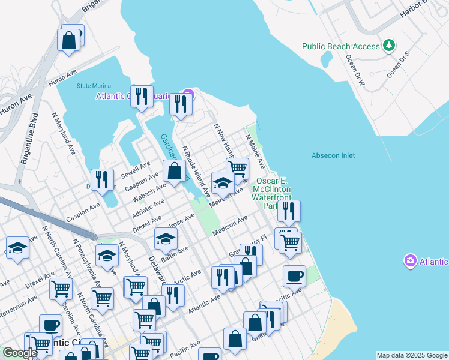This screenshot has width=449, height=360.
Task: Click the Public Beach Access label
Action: tap(340, 46)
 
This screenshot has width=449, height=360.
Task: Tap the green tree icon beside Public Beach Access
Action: tap(389, 46)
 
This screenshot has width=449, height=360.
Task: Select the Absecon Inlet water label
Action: tap(333, 155)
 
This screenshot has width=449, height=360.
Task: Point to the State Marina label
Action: tap(94, 86)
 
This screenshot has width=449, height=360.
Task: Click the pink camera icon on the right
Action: tap(410, 261)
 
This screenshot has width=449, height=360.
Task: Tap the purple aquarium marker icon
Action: tap(188, 94)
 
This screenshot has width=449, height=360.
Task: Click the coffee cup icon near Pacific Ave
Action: tap(294, 277)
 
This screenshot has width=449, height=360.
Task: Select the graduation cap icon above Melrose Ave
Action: tap(223, 183)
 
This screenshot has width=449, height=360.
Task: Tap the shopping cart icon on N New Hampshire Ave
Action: tap(238, 168)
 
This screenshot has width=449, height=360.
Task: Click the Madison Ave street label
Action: tap(230, 227)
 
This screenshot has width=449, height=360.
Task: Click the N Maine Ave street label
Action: tap(255, 151)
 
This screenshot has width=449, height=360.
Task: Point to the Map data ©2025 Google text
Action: tap(412, 355)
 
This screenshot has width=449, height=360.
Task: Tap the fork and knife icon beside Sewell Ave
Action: tap(103, 180)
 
